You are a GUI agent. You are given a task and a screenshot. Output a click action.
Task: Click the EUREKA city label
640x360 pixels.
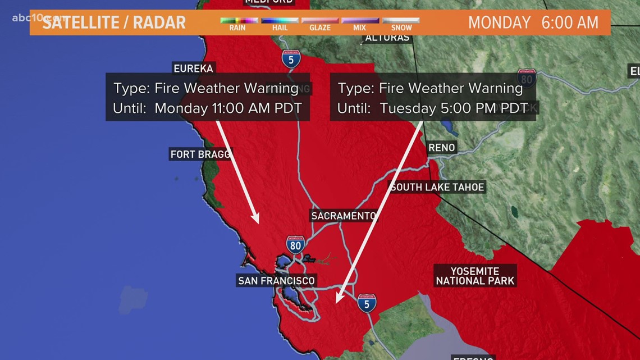[x=193, y=69]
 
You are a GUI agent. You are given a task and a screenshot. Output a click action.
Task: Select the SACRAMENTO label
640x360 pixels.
[x=344, y=216]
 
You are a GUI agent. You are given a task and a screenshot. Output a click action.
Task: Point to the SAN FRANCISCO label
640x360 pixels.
[x=276, y=280]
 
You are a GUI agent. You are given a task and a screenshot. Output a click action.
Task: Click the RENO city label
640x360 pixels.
[x=441, y=148]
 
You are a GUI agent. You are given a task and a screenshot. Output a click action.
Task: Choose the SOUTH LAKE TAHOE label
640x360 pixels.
[x=437, y=187]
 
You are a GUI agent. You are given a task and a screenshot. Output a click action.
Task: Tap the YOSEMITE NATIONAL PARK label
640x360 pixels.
[x=475, y=276]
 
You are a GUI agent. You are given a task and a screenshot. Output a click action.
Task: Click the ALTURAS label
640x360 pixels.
[x=388, y=38]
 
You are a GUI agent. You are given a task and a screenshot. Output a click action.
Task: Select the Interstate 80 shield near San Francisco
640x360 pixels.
[x=295, y=244]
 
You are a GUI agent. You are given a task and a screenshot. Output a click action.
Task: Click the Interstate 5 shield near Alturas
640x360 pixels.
[x=291, y=58]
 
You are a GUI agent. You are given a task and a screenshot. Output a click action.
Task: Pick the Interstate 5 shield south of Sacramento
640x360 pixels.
[x=367, y=303]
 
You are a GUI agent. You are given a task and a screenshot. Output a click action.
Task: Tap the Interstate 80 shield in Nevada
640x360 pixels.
[x=526, y=78]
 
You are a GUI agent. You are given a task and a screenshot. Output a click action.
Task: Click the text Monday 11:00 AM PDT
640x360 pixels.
[x=228, y=108]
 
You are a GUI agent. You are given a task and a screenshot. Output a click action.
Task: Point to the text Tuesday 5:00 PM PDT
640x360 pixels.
[x=454, y=108]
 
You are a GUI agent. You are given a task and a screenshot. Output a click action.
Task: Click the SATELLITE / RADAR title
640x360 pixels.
[x=115, y=22]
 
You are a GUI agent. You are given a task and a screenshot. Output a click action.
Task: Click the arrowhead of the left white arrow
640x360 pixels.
[x=257, y=221]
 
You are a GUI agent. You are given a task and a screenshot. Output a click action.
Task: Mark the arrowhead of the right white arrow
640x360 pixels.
[x=337, y=302]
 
